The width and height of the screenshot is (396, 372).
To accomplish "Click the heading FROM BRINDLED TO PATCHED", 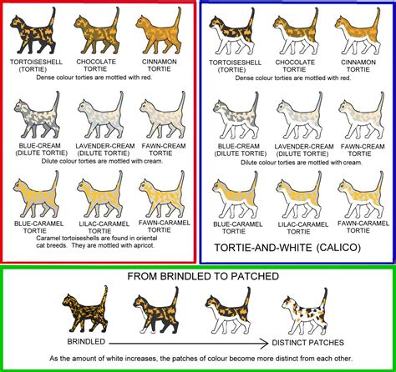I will (x=198, y=277).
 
